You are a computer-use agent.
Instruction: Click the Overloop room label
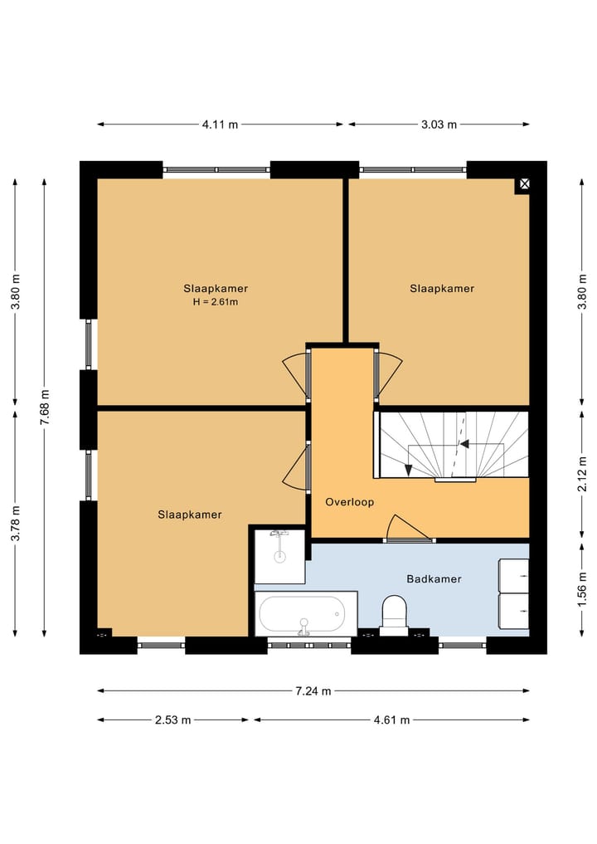tap(350, 502)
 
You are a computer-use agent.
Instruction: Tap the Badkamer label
tap(434, 579)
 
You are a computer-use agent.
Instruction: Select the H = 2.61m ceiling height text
tap(215, 302)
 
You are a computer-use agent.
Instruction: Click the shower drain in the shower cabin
tap(279, 557)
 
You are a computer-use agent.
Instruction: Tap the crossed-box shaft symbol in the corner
tap(524, 184)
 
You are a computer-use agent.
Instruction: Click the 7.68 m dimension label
tap(45, 407)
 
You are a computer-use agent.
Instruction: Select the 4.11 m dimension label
tap(220, 124)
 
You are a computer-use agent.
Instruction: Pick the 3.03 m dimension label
tap(439, 124)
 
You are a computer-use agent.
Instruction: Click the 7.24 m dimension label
tap(313, 691)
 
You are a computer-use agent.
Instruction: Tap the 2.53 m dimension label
tap(173, 720)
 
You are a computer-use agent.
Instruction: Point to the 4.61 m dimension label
tap(391, 720)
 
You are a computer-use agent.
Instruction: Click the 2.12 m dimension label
tap(582, 474)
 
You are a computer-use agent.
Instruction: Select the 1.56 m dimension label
tap(582, 588)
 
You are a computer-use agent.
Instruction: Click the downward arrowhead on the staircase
tap(408, 470)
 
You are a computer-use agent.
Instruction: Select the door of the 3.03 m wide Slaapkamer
tap(388, 376)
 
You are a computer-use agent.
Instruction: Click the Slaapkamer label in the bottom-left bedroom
tap(190, 515)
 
